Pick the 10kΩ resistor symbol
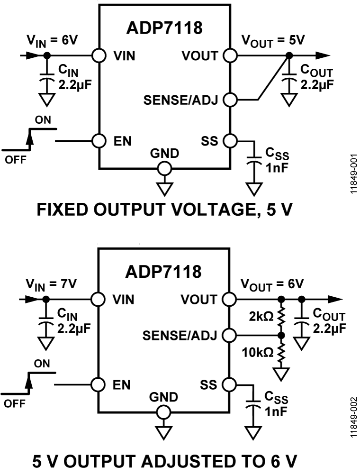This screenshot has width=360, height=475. point(281,353)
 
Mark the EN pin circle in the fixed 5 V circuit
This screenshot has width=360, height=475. point(99,141)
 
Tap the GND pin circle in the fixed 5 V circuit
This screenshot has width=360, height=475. point(164,168)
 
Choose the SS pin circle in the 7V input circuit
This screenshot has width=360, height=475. point(230,384)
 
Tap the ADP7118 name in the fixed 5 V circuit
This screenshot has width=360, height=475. point(164,28)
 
